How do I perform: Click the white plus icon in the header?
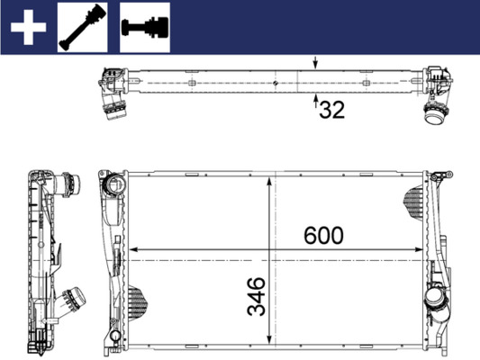[28, 27]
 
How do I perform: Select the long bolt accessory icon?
[83, 27]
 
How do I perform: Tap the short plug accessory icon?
[144, 27]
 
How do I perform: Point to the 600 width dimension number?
[323, 236]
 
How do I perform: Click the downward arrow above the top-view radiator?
[314, 64]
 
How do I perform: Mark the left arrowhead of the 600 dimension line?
[133, 249]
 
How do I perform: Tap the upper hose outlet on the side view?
[64, 186]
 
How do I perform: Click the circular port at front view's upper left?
[113, 185]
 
